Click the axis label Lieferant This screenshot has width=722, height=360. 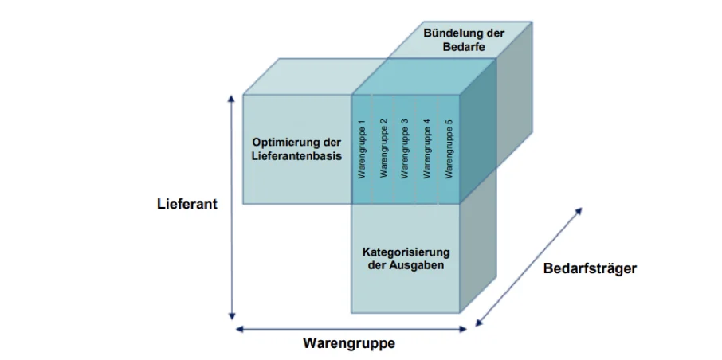pyautogui.click(x=187, y=204)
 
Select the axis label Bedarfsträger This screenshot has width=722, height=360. pyautogui.click(x=590, y=268)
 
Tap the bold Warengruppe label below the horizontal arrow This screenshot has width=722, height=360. pyautogui.click(x=349, y=343)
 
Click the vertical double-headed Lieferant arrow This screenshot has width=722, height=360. pyautogui.click(x=232, y=207)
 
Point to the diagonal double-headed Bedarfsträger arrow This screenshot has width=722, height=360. pyautogui.click(x=528, y=267)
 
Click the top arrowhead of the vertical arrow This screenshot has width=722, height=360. pyautogui.click(x=232, y=100)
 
